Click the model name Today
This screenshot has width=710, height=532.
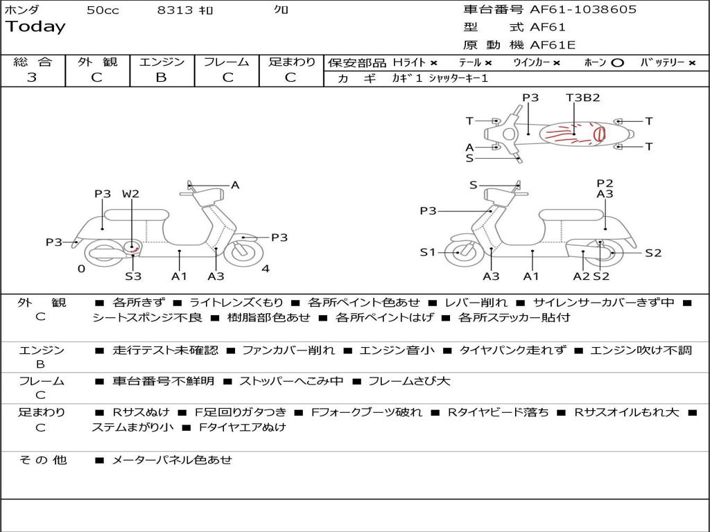(35, 27)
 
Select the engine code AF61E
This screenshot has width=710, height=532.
(553, 46)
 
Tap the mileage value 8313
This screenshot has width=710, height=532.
(175, 10)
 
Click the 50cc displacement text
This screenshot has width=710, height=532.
(103, 10)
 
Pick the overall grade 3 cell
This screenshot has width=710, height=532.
(32, 78)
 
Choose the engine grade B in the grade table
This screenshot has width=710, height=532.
(161, 78)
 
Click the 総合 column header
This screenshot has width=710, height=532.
(32, 62)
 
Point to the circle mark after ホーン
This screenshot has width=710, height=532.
(617, 63)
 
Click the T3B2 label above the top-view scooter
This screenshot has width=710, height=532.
(582, 98)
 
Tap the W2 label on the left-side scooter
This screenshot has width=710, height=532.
(130, 194)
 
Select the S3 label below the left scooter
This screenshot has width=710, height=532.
(133, 276)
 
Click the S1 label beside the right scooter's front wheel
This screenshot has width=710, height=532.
(428, 252)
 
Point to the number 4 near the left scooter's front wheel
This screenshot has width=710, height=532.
(266, 269)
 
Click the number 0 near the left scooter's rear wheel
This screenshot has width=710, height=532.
(81, 269)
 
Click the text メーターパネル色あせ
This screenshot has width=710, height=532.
(172, 459)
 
